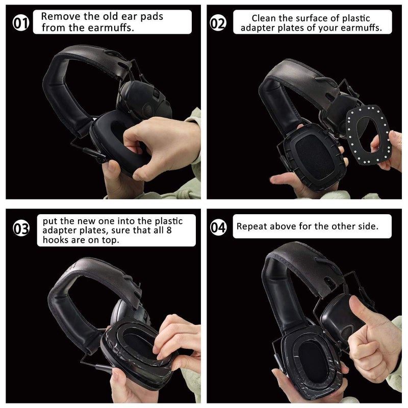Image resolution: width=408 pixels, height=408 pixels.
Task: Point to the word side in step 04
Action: pos(366,226)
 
